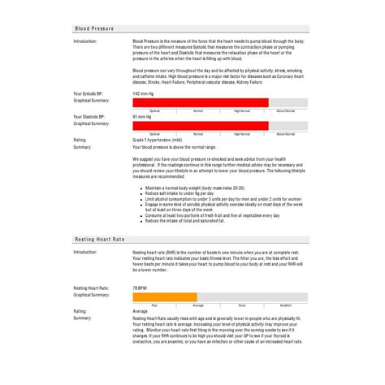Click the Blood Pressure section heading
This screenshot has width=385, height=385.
pos(94,28)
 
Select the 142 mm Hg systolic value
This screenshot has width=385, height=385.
pos(145,93)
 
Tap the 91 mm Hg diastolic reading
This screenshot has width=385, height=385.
pos(143,117)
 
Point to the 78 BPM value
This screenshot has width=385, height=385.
pos(140,288)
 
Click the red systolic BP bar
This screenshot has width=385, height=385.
pos(200,102)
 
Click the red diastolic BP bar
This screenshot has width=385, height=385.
pos(200,125)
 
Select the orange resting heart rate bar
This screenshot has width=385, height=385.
pos(164,296)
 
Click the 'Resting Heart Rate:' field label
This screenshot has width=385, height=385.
pos(92,288)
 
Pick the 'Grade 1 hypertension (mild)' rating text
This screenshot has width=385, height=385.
pos(158,140)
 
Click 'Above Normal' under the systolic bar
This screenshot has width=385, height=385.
pos(286,110)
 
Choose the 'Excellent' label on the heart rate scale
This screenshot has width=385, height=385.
pos(286,304)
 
